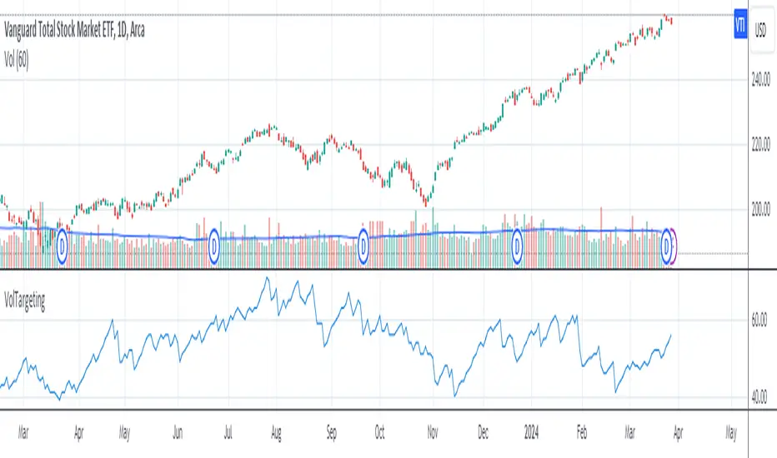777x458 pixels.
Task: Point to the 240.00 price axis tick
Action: click(x=759, y=82)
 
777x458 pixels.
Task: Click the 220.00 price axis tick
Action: click(x=759, y=145)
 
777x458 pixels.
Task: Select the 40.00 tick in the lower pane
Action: click(x=759, y=397)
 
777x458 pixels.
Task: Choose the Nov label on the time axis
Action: click(x=433, y=434)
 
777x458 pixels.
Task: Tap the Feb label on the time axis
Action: click(x=582, y=434)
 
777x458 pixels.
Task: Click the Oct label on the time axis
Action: click(x=379, y=434)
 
